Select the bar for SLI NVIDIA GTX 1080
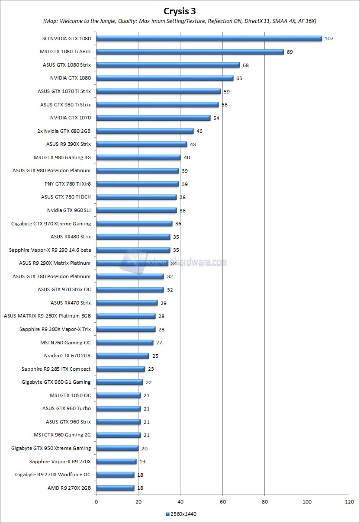(209, 38)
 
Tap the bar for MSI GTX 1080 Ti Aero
(190, 51)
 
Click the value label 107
(329, 39)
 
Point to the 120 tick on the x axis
(349, 502)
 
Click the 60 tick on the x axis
(222, 502)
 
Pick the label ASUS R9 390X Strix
(68, 144)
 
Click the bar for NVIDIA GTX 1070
(153, 118)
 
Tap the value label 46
(199, 131)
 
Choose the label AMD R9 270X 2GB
(69, 488)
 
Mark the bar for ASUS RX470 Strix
(127, 303)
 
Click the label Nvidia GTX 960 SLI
(69, 210)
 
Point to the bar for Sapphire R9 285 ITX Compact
(120, 369)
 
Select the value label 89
(290, 52)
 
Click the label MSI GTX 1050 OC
(70, 395)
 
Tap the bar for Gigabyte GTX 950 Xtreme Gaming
(117, 448)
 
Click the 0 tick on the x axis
(96, 502)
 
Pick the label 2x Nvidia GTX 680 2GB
(64, 131)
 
